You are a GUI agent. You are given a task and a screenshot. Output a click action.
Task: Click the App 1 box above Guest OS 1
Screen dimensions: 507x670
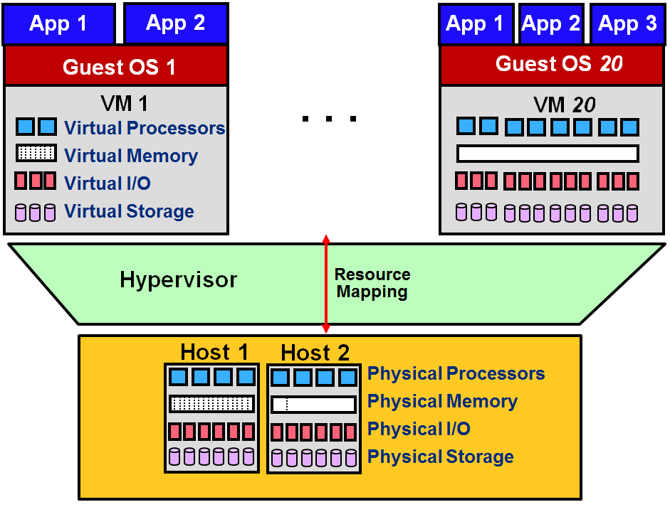point(58,23)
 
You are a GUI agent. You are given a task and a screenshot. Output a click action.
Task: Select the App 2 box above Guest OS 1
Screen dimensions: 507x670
point(176,23)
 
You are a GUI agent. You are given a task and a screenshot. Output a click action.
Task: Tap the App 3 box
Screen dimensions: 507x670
point(627,24)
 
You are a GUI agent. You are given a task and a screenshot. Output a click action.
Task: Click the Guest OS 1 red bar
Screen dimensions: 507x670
point(116,68)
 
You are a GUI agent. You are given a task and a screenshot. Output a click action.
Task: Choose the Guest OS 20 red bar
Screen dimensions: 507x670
point(553,65)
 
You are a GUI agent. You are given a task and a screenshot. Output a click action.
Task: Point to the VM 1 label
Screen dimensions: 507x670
point(125,104)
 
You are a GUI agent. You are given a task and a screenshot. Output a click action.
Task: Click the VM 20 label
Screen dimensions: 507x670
point(564,105)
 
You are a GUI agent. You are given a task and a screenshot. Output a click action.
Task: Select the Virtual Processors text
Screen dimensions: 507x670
point(145,128)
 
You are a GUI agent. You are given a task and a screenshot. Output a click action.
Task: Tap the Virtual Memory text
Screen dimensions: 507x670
point(131,156)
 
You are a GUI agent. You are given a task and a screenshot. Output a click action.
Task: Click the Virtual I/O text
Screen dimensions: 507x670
point(108,183)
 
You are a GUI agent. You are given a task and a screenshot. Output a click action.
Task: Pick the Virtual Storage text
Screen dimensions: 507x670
point(129,211)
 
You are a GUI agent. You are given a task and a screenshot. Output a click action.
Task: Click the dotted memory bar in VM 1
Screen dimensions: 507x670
point(36,153)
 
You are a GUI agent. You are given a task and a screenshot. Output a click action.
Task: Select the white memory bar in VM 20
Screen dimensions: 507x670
point(547,154)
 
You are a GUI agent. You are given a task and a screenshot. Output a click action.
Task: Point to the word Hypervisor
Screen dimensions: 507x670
point(178,279)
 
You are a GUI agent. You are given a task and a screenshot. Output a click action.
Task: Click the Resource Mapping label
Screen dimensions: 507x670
point(372,283)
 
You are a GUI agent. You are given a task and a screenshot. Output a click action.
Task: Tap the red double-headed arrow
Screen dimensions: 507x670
point(326,284)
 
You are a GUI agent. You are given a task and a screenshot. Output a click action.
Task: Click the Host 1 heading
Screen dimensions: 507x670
point(214,352)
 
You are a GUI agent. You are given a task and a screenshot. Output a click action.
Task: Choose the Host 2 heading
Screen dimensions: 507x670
point(315,352)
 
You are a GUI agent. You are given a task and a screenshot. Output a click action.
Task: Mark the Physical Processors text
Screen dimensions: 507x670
point(456,374)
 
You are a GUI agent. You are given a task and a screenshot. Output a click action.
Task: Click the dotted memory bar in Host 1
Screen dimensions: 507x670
point(211,404)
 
